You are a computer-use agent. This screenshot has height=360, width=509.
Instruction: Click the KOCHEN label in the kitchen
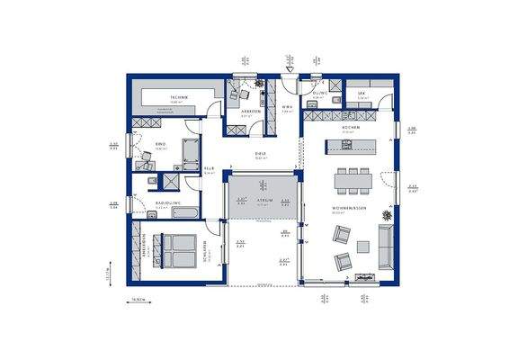[x=350, y=128]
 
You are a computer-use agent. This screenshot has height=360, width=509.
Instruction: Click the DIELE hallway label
[x=260, y=154]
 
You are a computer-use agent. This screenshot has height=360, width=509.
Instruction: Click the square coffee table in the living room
[x=363, y=247]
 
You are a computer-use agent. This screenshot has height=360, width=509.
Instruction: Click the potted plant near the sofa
[x=386, y=215]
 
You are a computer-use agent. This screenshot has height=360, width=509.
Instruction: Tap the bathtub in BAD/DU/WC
[x=192, y=152]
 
